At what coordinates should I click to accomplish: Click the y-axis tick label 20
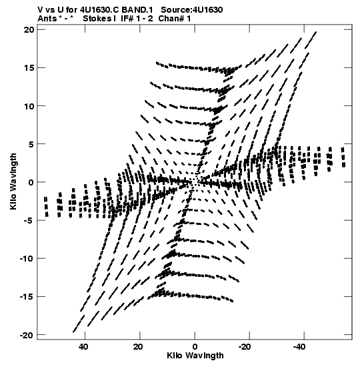29,29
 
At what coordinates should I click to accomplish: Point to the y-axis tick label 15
29,68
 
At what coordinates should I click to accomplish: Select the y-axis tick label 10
29,106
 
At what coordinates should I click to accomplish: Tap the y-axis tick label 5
31,144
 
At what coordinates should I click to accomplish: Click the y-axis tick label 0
31,182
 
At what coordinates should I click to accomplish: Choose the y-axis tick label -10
27,259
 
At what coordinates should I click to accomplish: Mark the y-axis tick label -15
27,297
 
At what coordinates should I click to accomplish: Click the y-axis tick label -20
27,335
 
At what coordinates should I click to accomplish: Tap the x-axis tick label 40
83,347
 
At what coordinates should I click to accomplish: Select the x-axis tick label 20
138,347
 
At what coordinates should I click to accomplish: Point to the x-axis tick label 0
195,347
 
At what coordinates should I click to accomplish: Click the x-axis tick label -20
245,347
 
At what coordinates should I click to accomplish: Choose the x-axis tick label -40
299,347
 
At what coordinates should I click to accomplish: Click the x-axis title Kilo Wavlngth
195,356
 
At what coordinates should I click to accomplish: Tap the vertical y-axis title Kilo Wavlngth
13,181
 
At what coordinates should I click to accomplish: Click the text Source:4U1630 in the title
192,10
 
